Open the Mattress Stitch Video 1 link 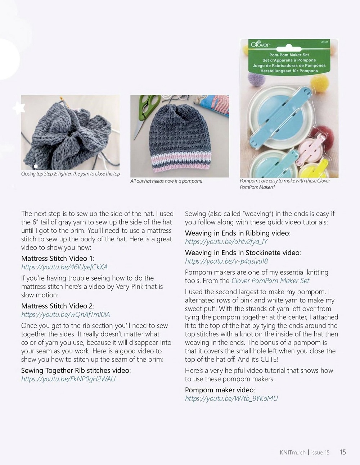tap(64, 267)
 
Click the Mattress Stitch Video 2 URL tap(66, 314)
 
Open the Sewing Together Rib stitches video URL tap(68, 379)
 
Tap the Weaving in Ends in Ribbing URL tap(226, 242)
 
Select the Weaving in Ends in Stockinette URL tap(226, 261)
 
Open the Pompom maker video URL tap(231, 398)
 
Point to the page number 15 tap(342, 452)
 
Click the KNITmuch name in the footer tap(292, 452)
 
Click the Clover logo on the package tap(260, 45)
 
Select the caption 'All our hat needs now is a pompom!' tap(166, 181)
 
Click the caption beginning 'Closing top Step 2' tap(71, 174)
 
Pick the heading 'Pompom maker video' tap(220, 390)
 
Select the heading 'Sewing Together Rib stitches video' tap(75, 370)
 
